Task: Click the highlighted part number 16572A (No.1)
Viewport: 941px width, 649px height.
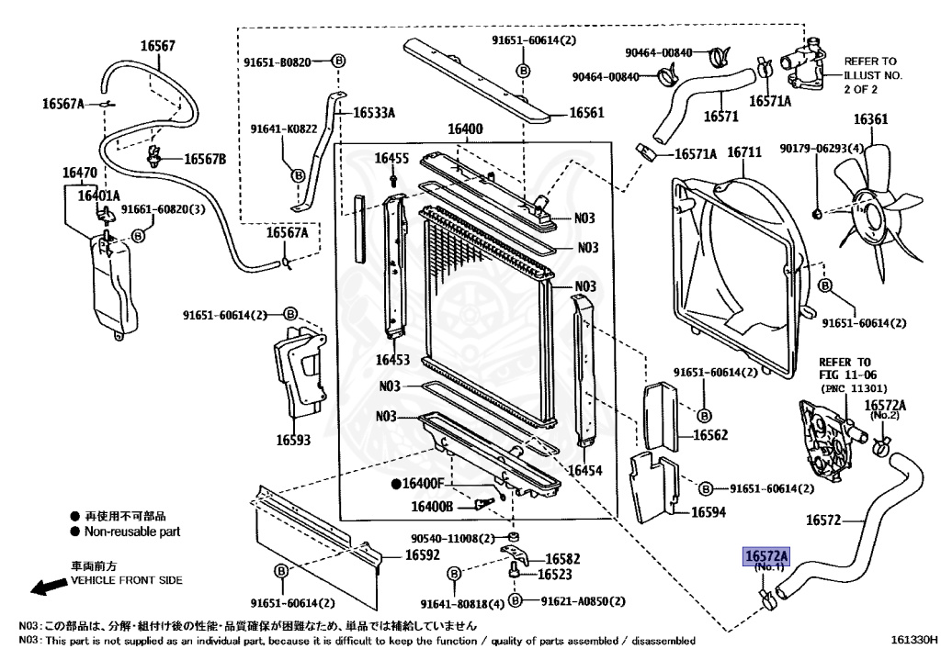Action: pyautogui.click(x=766, y=556)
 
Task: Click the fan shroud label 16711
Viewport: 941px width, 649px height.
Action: pyautogui.click(x=744, y=152)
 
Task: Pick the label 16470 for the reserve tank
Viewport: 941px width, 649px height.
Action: pyautogui.click(x=80, y=173)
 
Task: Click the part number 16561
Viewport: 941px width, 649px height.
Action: pyautogui.click(x=586, y=114)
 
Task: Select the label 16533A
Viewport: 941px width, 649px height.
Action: pyautogui.click(x=375, y=113)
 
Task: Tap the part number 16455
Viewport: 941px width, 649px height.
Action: pyautogui.click(x=391, y=159)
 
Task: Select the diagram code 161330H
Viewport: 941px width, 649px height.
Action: pyautogui.click(x=913, y=640)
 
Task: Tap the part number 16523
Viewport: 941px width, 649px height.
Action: pyautogui.click(x=554, y=575)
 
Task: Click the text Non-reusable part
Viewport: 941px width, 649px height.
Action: pyautogui.click(x=132, y=532)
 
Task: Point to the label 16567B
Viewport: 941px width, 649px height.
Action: pyautogui.click(x=204, y=159)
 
